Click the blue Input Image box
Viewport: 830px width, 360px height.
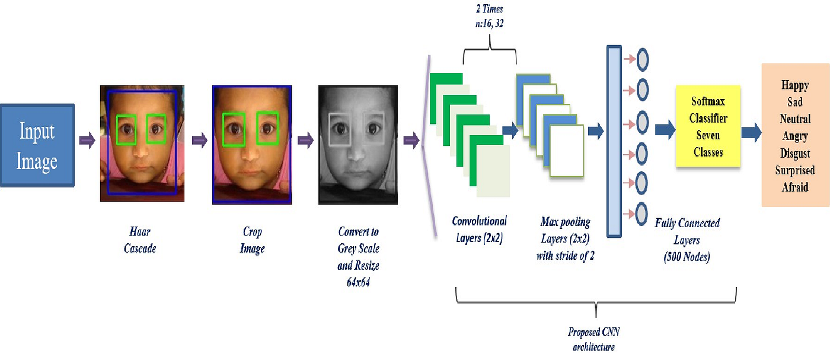pyautogui.click(x=37, y=145)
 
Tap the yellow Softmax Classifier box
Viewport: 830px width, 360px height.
pyautogui.click(x=708, y=127)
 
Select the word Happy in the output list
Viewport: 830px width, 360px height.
pyautogui.click(x=795, y=86)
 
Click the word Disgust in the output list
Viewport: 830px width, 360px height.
pyautogui.click(x=794, y=153)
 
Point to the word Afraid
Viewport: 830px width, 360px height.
pyautogui.click(x=794, y=187)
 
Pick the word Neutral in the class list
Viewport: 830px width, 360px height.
pyautogui.click(x=795, y=119)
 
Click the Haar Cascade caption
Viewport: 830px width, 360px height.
pyautogui.click(x=140, y=240)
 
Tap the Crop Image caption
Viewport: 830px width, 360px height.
pyautogui.click(x=251, y=240)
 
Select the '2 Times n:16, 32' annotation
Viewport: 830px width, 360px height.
pyautogui.click(x=489, y=16)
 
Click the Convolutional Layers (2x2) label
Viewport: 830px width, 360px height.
pyautogui.click(x=479, y=230)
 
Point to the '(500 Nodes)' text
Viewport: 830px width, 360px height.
pyautogui.click(x=687, y=257)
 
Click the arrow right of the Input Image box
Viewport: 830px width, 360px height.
pyautogui.click(x=87, y=141)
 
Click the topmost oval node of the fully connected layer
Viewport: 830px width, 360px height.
pyautogui.click(x=641, y=59)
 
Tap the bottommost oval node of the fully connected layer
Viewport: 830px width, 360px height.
pyautogui.click(x=641, y=212)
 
